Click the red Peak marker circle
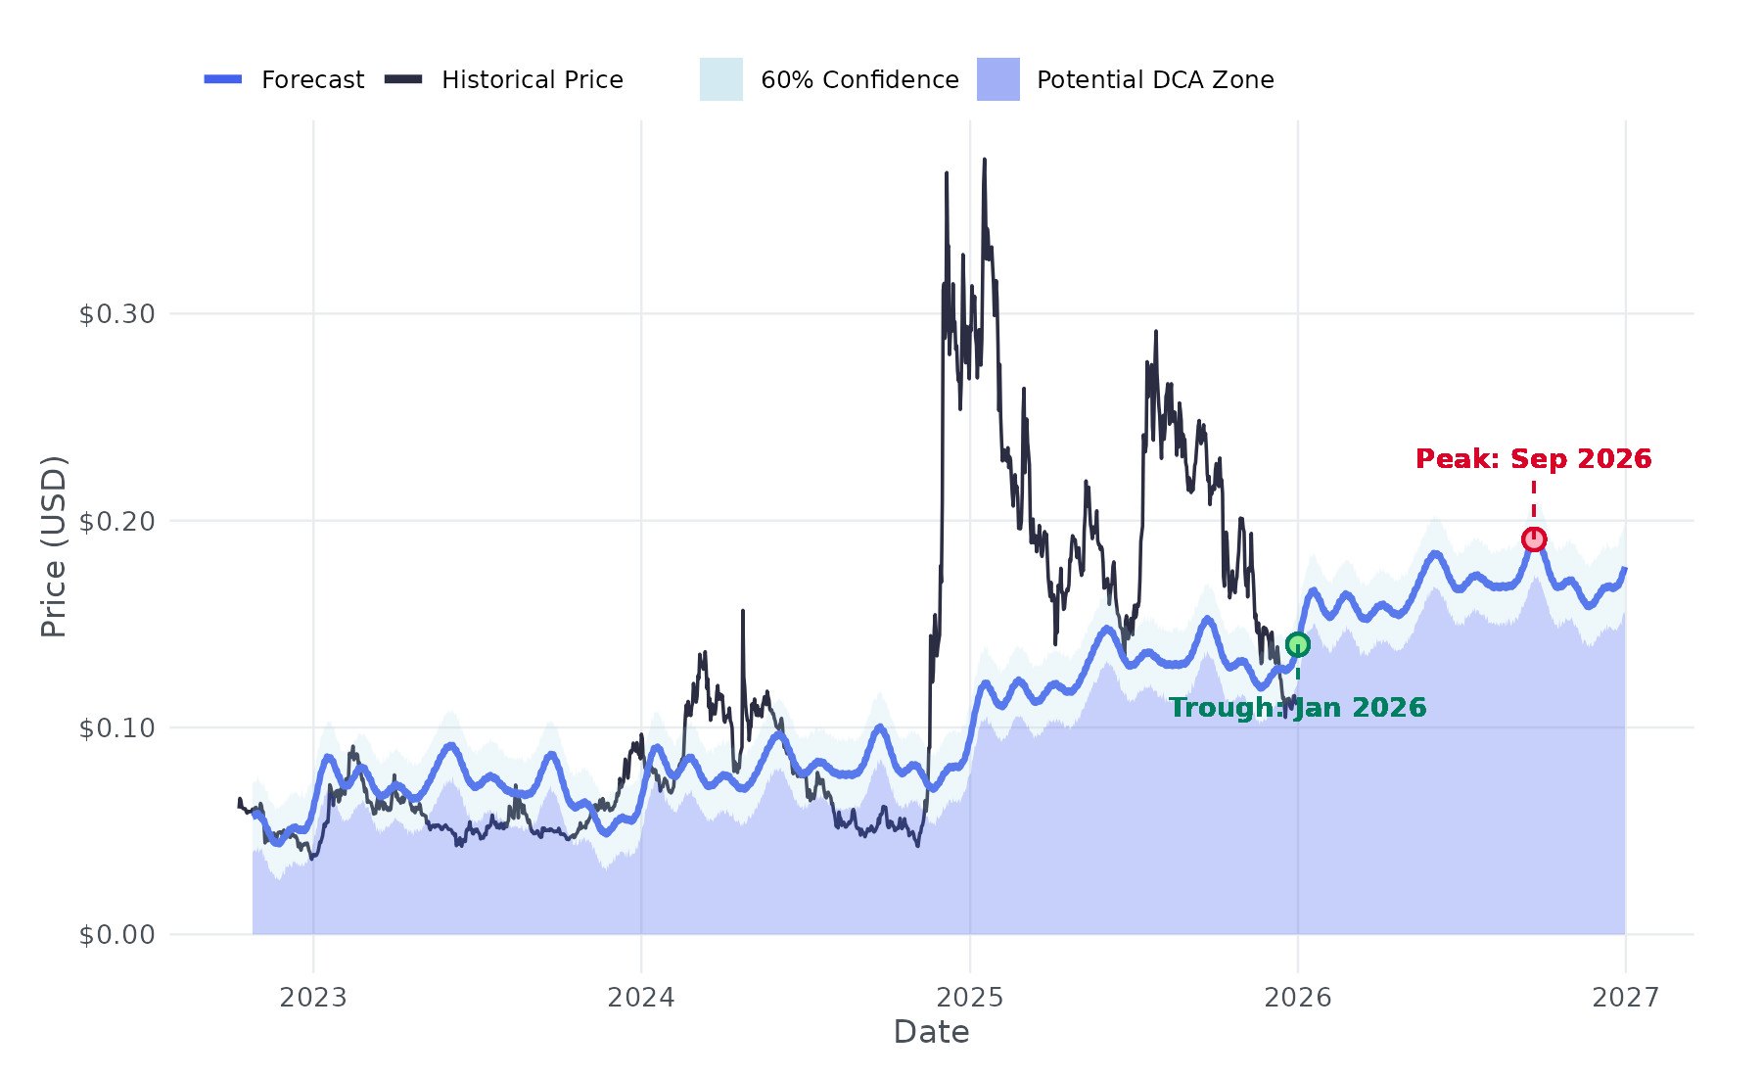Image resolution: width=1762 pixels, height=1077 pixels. coord(1534,539)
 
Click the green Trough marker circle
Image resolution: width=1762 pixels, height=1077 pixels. coord(1298,644)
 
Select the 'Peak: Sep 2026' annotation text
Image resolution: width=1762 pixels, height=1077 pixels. coord(1533,459)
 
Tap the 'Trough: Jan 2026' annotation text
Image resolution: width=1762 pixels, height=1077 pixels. coord(1297,708)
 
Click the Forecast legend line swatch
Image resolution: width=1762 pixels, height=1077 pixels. coord(223,79)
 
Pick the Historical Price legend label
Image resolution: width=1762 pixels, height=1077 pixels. coord(532,80)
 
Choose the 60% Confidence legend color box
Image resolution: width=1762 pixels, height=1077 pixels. coord(720,79)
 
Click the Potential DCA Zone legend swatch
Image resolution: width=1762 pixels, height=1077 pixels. coord(997,79)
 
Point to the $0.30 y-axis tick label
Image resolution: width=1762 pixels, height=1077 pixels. coord(117,314)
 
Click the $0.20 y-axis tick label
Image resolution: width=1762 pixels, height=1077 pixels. coord(117,521)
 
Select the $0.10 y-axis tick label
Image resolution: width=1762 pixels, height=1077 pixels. coord(117,728)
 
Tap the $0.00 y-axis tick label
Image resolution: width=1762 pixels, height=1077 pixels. coord(117,935)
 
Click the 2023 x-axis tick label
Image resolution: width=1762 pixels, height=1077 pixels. coord(313,998)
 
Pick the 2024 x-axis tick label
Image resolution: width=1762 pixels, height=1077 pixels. coord(641,998)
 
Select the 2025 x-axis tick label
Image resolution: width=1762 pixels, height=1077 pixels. coord(970,998)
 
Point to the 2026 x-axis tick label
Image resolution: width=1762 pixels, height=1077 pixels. coord(1298,998)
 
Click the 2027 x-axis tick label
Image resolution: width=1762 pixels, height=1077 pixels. coord(1626,998)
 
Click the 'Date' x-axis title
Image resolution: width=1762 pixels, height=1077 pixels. coord(931,1032)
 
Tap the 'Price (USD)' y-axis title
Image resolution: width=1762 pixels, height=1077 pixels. coord(54,546)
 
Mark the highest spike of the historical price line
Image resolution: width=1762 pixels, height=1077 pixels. coord(984,161)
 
